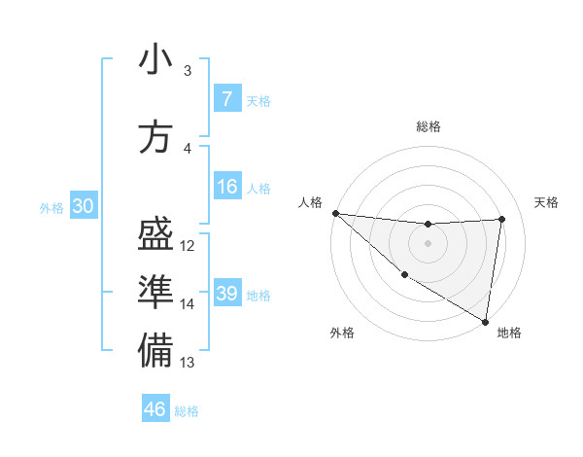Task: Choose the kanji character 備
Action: (x=155, y=351)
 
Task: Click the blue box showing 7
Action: (x=226, y=98)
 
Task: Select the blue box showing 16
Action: (x=226, y=187)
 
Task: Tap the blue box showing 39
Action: (x=226, y=294)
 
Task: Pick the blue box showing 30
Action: (x=83, y=206)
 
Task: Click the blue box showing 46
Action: (x=155, y=409)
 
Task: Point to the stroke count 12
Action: (x=189, y=246)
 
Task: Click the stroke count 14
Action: (x=189, y=304)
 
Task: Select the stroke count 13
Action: (x=189, y=363)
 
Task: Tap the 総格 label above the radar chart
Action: (x=429, y=126)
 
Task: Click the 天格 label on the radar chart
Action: (x=547, y=202)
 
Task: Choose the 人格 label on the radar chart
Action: (x=310, y=202)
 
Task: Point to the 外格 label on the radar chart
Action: (x=342, y=334)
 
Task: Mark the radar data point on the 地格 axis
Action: (x=485, y=321)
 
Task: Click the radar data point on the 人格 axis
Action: (x=335, y=213)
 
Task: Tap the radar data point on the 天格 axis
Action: (x=502, y=219)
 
